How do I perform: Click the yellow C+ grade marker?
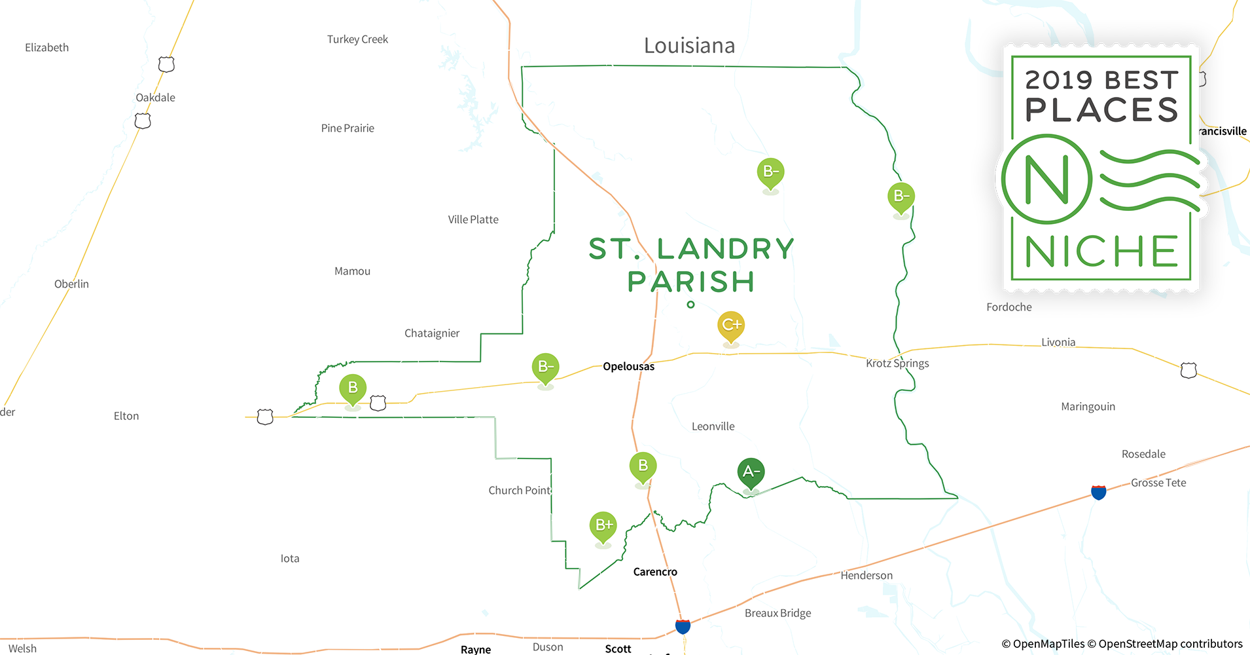click(x=731, y=326)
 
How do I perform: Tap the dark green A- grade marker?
click(x=751, y=472)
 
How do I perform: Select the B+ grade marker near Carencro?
click(x=603, y=525)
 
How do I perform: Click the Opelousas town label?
click(x=628, y=366)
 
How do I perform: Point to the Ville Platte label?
click(x=473, y=219)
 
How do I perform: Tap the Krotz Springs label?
click(x=897, y=364)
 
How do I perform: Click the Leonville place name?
click(x=713, y=426)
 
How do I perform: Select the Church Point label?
click(x=520, y=491)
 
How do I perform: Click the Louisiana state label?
click(x=689, y=46)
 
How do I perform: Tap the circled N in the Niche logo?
click(x=1046, y=179)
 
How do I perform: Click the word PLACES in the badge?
click(x=1101, y=110)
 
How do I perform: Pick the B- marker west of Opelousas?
click(x=545, y=367)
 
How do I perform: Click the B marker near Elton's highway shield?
click(x=353, y=388)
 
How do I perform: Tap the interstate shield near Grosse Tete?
click(x=1099, y=492)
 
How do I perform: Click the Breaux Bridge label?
click(x=777, y=613)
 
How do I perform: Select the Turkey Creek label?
click(x=357, y=39)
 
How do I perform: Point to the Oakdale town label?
click(x=155, y=98)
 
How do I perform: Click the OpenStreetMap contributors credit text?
click(x=1170, y=644)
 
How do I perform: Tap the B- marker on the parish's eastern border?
click(x=901, y=196)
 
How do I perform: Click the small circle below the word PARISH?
click(x=690, y=305)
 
